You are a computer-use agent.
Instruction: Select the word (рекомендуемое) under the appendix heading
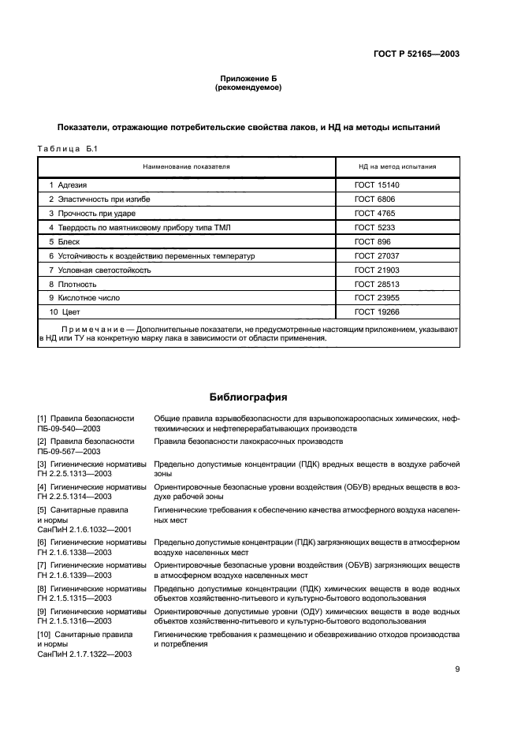248,88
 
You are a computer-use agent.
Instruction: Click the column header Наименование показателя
186,167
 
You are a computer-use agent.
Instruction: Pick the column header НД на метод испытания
397,167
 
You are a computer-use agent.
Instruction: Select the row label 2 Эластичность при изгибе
99,199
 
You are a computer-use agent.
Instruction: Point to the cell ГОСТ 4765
374,214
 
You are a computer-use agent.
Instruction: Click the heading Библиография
248,397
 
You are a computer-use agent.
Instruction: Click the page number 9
457,670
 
